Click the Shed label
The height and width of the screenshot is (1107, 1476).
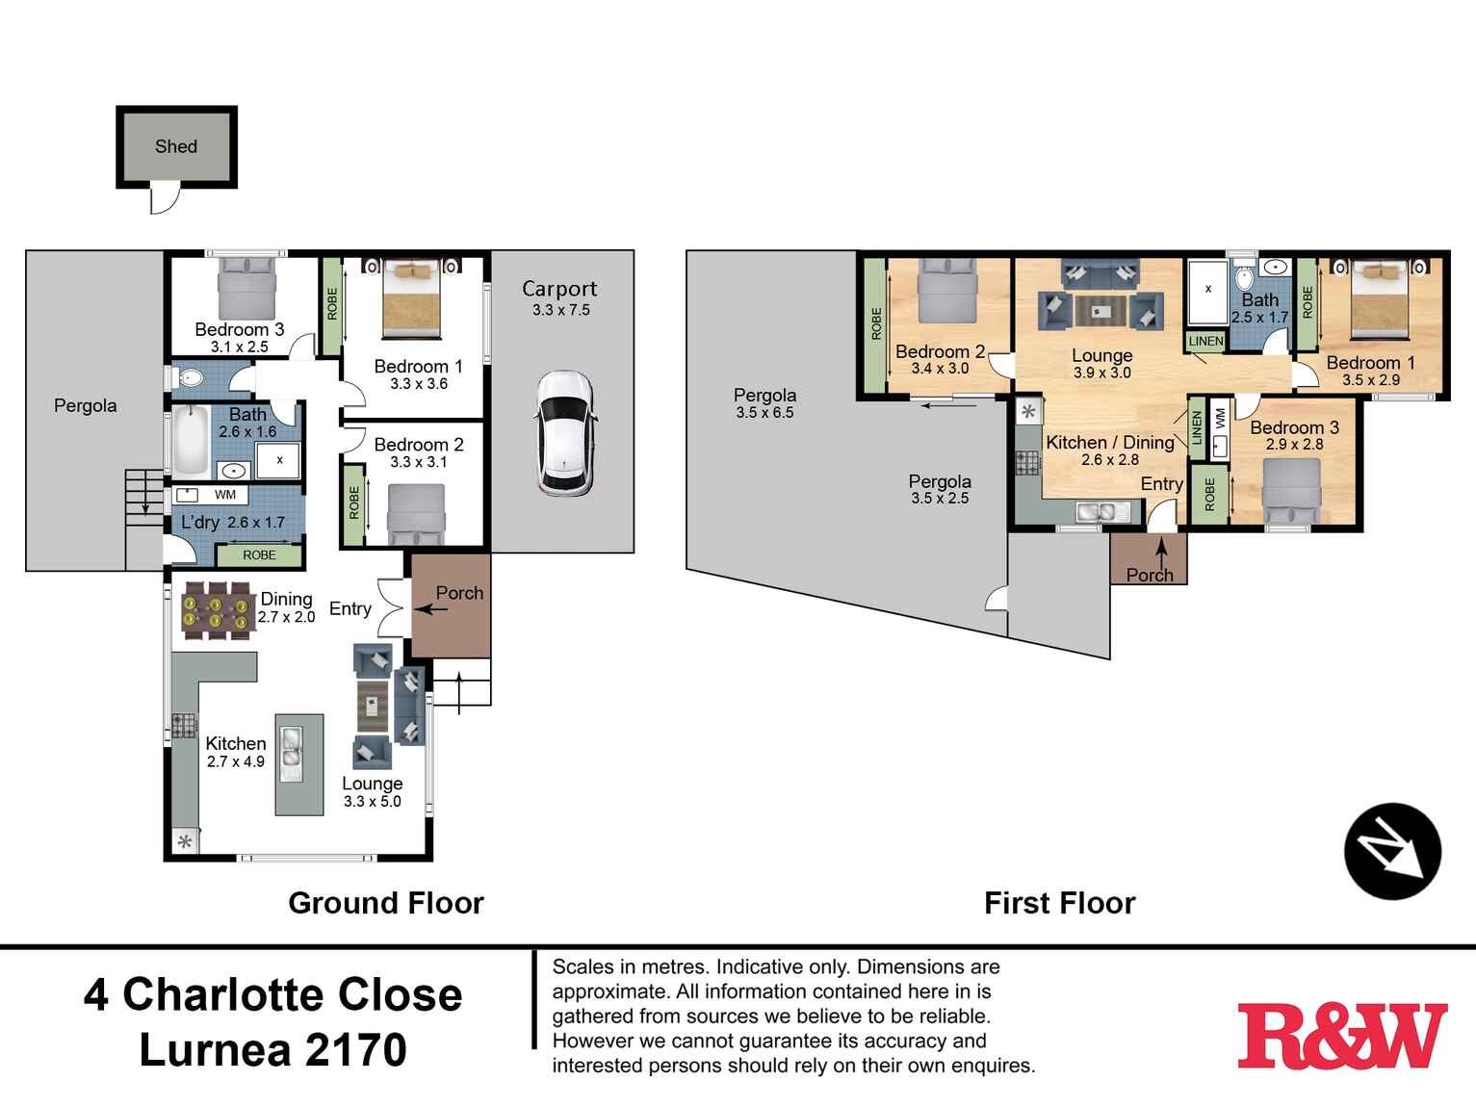176,146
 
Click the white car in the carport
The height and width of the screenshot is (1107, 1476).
564,433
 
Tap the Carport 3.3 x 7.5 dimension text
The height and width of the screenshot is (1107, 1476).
560,310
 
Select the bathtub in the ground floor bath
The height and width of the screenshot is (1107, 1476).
191,442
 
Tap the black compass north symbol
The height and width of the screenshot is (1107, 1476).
1392,851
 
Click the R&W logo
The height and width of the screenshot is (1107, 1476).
1341,1036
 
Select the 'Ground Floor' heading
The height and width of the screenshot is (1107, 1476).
386,903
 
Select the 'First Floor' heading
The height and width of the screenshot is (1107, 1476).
1059,903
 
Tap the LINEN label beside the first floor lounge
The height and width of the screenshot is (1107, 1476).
1204,341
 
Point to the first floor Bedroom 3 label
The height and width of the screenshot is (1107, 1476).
1294,427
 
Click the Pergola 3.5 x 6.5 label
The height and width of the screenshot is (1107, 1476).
764,403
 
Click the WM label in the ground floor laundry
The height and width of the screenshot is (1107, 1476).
224,495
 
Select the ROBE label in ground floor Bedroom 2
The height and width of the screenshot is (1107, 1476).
353,503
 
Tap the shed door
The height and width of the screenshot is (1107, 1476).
166,199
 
